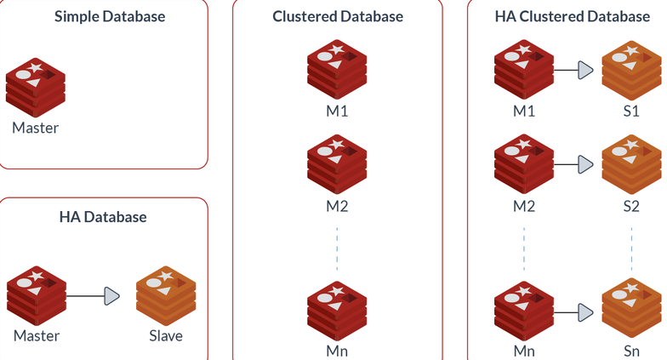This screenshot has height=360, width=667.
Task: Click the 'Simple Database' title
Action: click(x=109, y=16)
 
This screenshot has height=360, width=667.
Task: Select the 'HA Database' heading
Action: click(x=103, y=217)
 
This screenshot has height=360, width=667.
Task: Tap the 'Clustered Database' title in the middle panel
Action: click(x=338, y=16)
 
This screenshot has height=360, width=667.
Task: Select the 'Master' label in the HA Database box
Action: click(x=37, y=335)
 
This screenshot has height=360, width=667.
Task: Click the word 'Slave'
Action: click(x=166, y=335)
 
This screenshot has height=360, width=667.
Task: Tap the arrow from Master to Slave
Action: click(x=94, y=296)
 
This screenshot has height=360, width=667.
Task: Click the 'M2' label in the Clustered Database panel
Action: click(x=337, y=205)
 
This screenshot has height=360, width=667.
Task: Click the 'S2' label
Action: click(x=630, y=205)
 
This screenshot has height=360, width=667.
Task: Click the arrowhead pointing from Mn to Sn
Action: click(x=585, y=311)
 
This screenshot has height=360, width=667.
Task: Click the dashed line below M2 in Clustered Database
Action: click(x=338, y=247)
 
